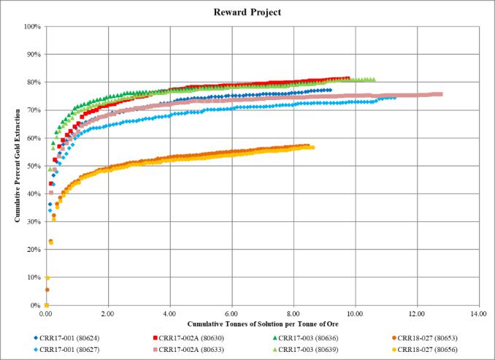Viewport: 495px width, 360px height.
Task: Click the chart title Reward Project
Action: pyautogui.click(x=247, y=12)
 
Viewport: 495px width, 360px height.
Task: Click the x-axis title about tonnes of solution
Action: pyautogui.click(x=261, y=322)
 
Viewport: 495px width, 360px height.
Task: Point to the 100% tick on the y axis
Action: pyautogui.click(x=31, y=27)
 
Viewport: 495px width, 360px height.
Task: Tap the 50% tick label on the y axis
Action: pyautogui.click(x=33, y=166)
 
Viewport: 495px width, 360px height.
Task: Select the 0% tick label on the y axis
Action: pyautogui.click(x=34, y=305)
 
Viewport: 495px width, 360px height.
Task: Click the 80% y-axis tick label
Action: pyautogui.click(x=33, y=83)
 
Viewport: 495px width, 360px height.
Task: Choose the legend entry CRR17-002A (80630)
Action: pyautogui.click(x=186, y=338)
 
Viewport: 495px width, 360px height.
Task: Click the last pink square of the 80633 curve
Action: pyautogui.click(x=440, y=94)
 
